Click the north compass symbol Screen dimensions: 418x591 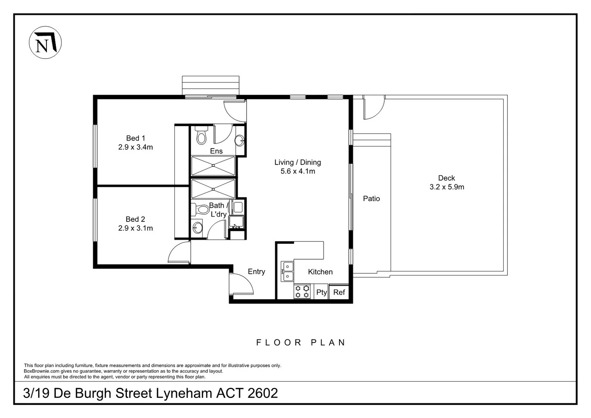pos(45,43)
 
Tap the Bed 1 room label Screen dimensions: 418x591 pos(135,138)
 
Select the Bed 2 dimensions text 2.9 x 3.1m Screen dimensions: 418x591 pos(135,228)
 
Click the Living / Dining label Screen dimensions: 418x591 pos(298,163)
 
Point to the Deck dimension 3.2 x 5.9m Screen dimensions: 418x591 pos(447,187)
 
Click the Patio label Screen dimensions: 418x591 pos(371,199)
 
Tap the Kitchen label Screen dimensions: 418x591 pos(320,272)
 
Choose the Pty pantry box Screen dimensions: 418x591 pos(321,292)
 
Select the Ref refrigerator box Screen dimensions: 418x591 pos(339,292)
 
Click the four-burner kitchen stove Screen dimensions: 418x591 pos(302,292)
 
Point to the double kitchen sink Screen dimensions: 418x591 pos(288,271)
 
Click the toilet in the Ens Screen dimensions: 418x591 pos(201,135)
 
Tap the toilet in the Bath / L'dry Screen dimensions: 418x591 pos(201,209)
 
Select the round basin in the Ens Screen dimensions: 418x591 pos(240,140)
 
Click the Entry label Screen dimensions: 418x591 pos(256,272)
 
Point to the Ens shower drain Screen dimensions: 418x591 pos(213,166)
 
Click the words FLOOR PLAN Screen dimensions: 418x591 pos(301,343)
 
